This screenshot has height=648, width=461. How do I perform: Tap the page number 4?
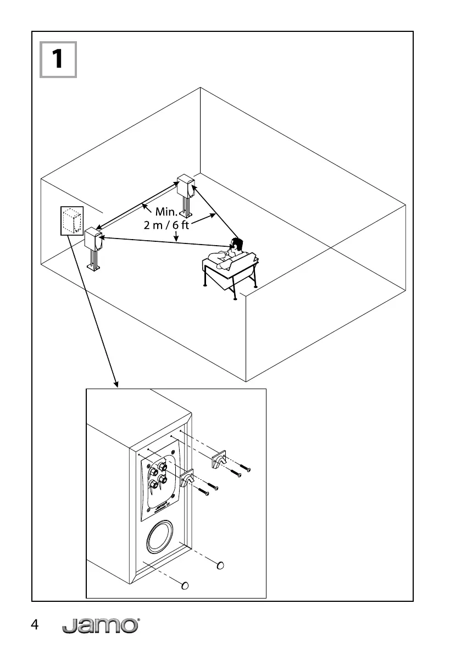pos(35,625)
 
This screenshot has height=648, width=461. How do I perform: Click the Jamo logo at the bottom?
pos(100,625)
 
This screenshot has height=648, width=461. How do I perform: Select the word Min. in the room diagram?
pos(165,211)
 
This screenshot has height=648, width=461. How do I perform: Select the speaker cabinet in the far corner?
pos(185,186)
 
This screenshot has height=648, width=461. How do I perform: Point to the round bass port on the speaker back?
pos(162,538)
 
